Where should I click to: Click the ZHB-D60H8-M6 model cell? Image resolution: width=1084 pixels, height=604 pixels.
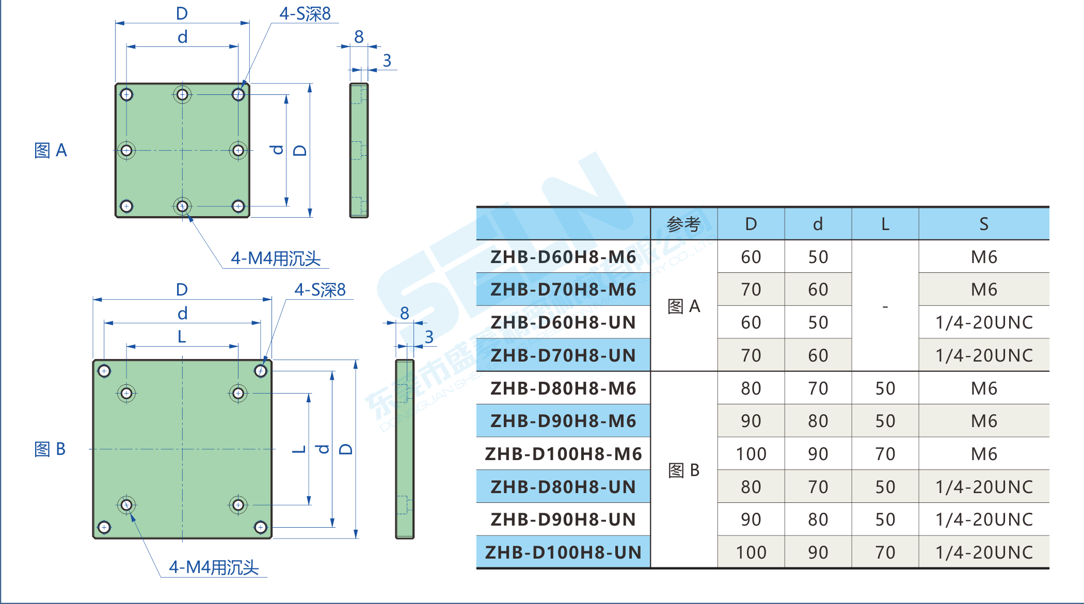click(563, 257)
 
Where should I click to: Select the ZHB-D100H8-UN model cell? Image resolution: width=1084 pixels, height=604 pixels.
click(563, 552)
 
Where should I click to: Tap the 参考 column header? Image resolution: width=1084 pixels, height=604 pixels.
click(683, 224)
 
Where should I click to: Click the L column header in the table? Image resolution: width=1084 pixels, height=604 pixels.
click(885, 224)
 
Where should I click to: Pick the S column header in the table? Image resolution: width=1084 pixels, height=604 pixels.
click(984, 224)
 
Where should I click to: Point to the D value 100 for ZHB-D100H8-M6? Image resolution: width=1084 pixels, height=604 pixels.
click(751, 454)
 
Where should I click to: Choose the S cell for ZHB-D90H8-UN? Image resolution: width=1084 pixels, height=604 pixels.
click(984, 519)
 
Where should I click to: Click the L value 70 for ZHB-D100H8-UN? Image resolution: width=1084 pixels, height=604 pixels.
click(885, 552)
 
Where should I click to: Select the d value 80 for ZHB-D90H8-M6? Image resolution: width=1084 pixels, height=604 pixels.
click(818, 421)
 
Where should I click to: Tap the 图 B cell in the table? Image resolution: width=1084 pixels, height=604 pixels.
click(683, 470)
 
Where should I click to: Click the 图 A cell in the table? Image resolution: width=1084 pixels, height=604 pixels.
click(683, 306)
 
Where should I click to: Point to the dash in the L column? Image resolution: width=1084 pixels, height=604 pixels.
click(885, 306)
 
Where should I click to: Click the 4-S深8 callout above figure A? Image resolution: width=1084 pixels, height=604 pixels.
click(305, 14)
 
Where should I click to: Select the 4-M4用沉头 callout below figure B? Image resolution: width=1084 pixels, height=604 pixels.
click(214, 567)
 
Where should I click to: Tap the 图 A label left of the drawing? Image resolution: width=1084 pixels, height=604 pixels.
click(51, 151)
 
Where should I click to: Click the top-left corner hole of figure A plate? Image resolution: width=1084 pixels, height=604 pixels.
click(126, 94)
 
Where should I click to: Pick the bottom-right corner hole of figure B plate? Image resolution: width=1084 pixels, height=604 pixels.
click(260, 527)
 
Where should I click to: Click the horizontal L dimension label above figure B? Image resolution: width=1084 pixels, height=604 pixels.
click(182, 337)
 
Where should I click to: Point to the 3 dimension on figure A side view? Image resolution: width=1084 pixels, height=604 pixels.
click(387, 61)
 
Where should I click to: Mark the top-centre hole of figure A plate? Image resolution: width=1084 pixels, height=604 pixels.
click(182, 94)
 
